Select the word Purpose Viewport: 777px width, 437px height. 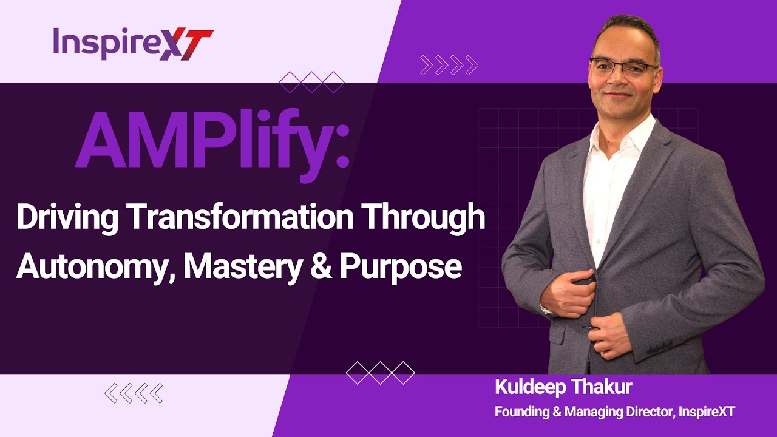[x=401, y=266]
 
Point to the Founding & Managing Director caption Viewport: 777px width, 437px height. [x=614, y=412]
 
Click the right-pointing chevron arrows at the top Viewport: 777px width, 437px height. [x=449, y=64]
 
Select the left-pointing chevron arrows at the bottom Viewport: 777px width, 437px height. [x=134, y=393]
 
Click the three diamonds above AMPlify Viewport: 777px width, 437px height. [x=311, y=82]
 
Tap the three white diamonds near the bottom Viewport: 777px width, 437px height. [x=380, y=372]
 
